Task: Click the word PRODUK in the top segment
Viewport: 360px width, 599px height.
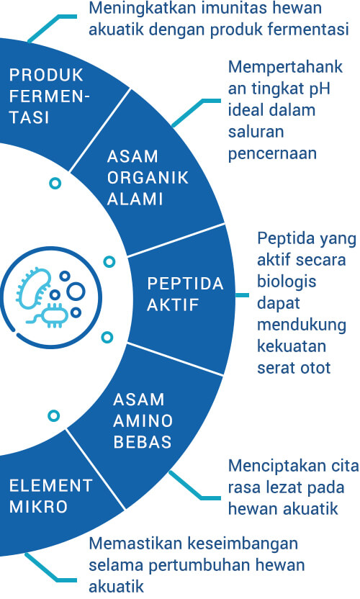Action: [46, 75]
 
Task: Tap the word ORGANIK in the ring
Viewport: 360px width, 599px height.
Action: [148, 178]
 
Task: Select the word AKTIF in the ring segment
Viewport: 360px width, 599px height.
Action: [173, 305]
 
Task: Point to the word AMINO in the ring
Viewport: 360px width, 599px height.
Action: [143, 420]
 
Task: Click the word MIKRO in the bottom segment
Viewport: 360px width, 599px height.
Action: [38, 507]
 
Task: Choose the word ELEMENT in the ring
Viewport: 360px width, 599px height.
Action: [51, 485]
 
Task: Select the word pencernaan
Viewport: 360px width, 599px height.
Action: [272, 154]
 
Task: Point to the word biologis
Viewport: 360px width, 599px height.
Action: [287, 282]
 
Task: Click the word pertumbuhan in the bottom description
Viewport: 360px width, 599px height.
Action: [200, 565]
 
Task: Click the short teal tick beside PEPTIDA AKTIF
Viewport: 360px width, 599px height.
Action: [242, 295]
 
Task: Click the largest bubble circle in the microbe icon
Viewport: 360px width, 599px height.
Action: [76, 291]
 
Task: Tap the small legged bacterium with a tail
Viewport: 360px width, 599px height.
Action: [50, 315]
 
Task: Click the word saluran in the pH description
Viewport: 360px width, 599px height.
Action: [256, 132]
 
